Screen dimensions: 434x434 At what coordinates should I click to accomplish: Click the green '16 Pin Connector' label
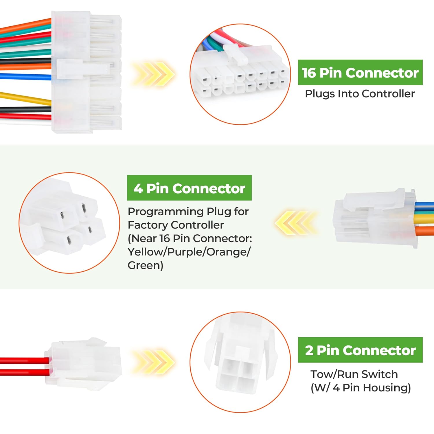pos(360,73)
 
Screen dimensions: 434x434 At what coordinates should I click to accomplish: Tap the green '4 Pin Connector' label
pos(189,188)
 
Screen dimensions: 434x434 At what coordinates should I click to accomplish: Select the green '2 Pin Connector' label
pos(360,350)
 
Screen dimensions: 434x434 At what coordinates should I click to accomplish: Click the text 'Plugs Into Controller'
pos(360,94)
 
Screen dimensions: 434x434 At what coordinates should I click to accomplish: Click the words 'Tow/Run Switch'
pos(354,374)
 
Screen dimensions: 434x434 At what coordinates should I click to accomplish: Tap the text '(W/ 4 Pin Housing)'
pos(361,388)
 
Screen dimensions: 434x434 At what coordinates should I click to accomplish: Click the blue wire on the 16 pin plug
pos(26,77)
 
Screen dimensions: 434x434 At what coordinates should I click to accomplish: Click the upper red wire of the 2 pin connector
pos(23,361)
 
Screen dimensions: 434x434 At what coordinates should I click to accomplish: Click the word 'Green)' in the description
pos(145,265)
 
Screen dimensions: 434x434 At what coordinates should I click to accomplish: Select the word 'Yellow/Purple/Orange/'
pos(189,252)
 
